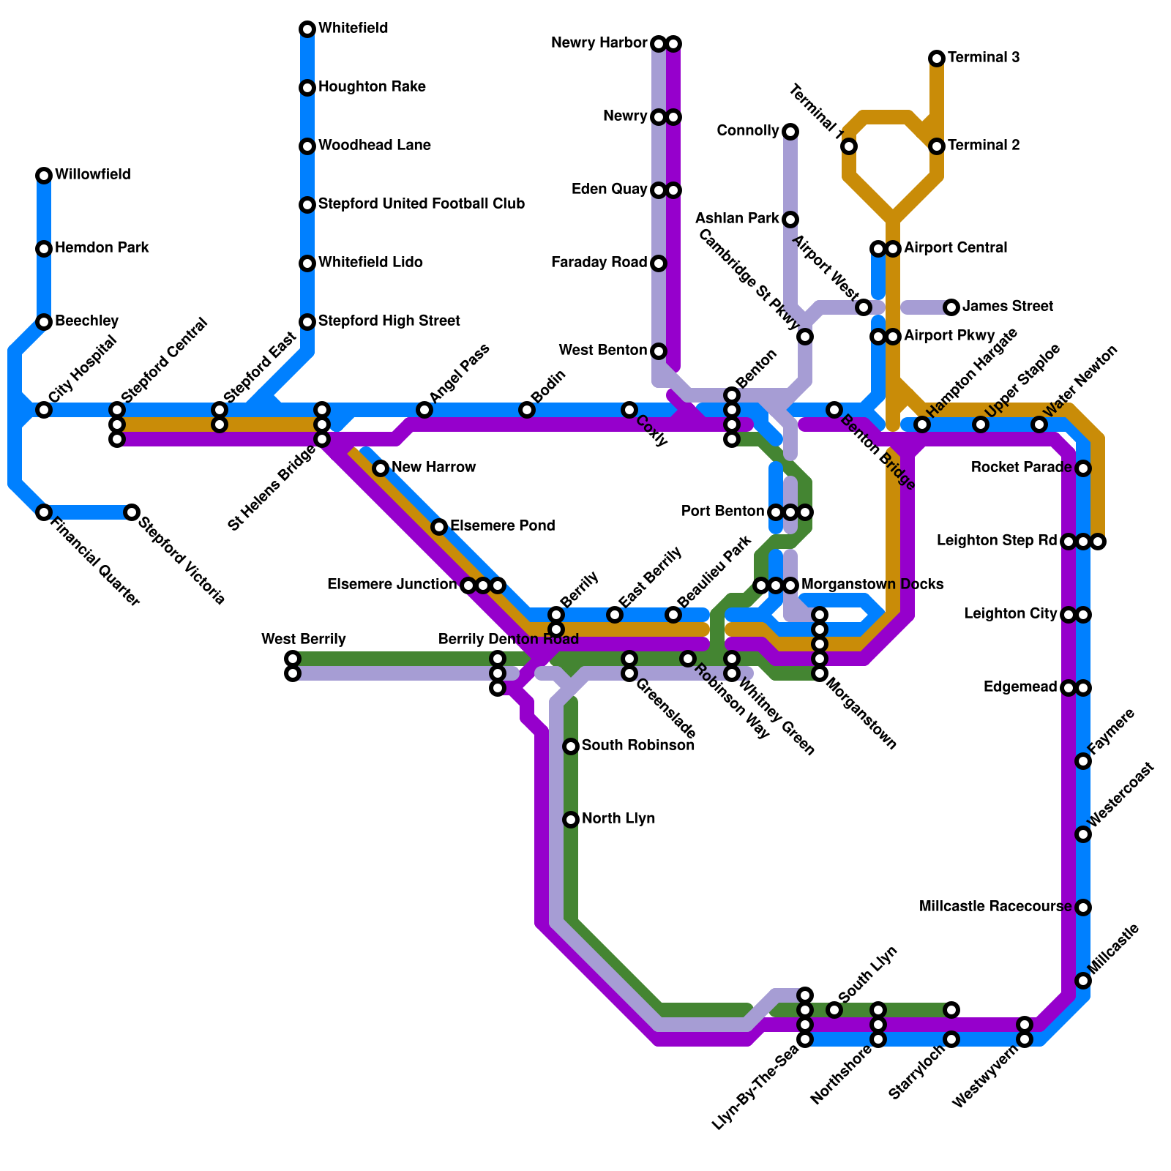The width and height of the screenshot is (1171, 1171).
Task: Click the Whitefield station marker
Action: (307, 29)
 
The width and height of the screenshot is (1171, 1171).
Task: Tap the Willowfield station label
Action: (93, 175)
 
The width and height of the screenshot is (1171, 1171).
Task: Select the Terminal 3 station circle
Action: (937, 59)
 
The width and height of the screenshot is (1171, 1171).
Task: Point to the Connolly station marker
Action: (790, 132)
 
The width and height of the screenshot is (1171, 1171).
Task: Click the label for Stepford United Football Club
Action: (422, 204)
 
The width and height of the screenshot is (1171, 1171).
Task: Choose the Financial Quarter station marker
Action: (44, 512)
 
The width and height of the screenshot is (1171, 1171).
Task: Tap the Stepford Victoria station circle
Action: (132, 512)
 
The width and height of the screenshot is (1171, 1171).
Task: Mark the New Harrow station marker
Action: (381, 468)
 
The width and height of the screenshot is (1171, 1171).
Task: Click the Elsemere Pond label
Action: (503, 526)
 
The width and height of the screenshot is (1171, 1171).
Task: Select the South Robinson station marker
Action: (571, 747)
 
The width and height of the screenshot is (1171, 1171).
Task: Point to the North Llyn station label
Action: (618, 819)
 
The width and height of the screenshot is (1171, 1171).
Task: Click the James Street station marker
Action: (951, 307)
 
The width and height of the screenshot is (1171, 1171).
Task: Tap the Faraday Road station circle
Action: (659, 263)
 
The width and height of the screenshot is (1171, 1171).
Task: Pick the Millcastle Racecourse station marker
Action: (1083, 908)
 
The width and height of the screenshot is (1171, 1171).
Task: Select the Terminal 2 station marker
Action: (937, 146)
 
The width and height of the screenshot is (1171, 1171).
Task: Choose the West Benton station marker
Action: (659, 351)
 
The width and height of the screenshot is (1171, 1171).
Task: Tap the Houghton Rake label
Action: (373, 87)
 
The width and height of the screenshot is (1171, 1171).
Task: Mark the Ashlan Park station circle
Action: (790, 220)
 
